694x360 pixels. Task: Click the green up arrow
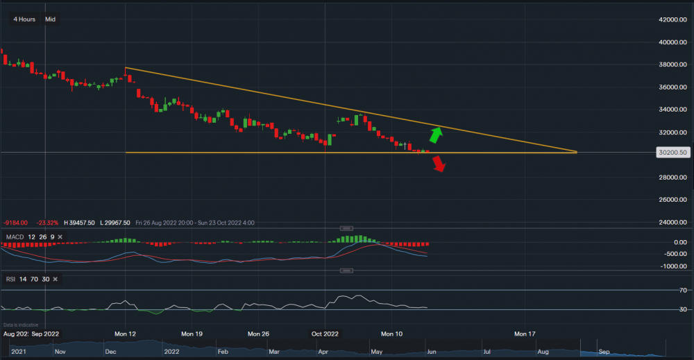pyautogui.click(x=435, y=135)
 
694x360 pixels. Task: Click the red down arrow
pyautogui.click(x=439, y=164)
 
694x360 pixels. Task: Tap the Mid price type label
pyautogui.click(x=50, y=19)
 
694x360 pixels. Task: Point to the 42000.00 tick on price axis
pyautogui.click(x=672, y=20)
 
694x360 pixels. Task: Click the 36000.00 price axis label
pyautogui.click(x=672, y=87)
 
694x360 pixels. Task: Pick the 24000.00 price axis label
pyautogui.click(x=672, y=223)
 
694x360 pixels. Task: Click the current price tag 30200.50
pyautogui.click(x=672, y=153)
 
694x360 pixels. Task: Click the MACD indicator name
pyautogui.click(x=13, y=237)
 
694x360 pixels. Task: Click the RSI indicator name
pyautogui.click(x=11, y=279)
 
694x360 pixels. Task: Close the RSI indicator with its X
pyautogui.click(x=55, y=279)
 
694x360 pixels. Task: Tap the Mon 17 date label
pyautogui.click(x=525, y=334)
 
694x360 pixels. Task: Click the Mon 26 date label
pyautogui.click(x=258, y=334)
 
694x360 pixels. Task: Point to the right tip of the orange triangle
pyautogui.click(x=577, y=152)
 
